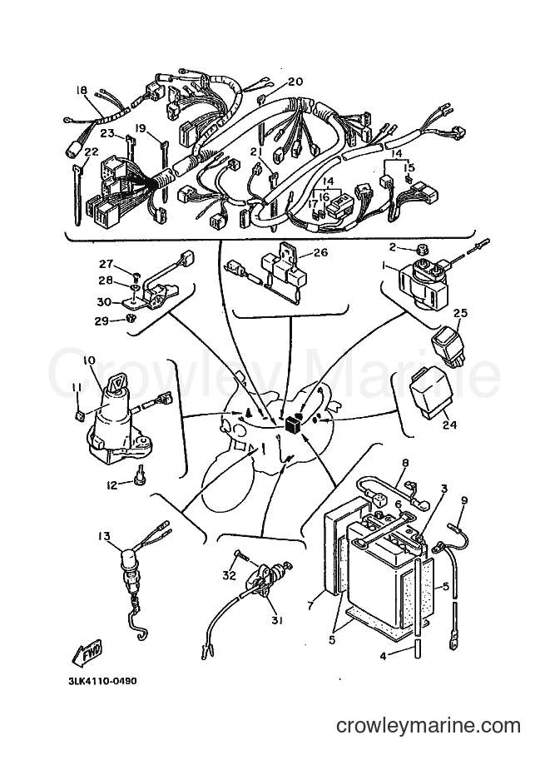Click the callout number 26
[320, 252]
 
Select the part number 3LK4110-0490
[102, 681]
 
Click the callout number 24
[449, 425]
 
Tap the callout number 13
[103, 536]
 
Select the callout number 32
[229, 575]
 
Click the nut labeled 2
[419, 250]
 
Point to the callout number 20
[295, 82]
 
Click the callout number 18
[81, 90]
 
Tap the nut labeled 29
[129, 319]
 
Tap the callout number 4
[384, 658]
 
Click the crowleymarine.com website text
[429, 726]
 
